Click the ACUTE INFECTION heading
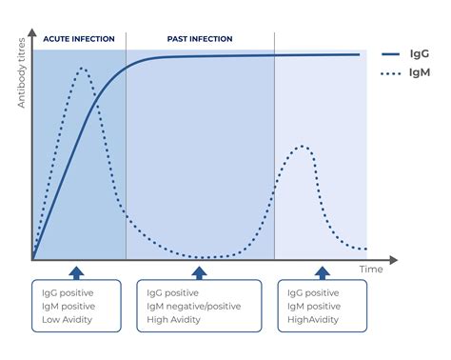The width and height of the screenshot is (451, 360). [79, 39]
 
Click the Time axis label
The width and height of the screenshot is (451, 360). [370, 270]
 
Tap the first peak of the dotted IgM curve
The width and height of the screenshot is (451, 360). [83, 69]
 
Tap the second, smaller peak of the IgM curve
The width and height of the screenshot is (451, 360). [303, 146]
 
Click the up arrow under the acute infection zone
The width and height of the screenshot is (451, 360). [78, 270]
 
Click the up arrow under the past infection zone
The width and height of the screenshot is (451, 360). [199, 270]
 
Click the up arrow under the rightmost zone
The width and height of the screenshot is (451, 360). [322, 270]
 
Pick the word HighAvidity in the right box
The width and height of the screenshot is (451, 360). [313, 321]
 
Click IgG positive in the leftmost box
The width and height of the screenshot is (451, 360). [69, 293]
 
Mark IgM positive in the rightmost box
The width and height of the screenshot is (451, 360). [313, 307]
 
